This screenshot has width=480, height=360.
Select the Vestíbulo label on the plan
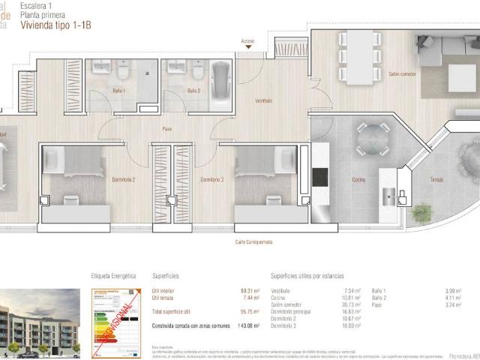pos(263,100)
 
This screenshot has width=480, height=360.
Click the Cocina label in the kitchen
pos(358,180)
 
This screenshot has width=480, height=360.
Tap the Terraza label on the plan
pos(436,180)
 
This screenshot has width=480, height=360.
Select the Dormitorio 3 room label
pos(211,180)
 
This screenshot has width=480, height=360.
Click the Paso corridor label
pos(167,129)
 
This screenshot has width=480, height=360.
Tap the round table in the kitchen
pos(367,139)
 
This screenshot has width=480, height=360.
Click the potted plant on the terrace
pos(422,213)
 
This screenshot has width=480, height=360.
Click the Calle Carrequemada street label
pos(256,241)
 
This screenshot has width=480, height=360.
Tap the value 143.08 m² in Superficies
pos(250,325)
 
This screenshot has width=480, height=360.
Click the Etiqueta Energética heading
pos(113,276)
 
